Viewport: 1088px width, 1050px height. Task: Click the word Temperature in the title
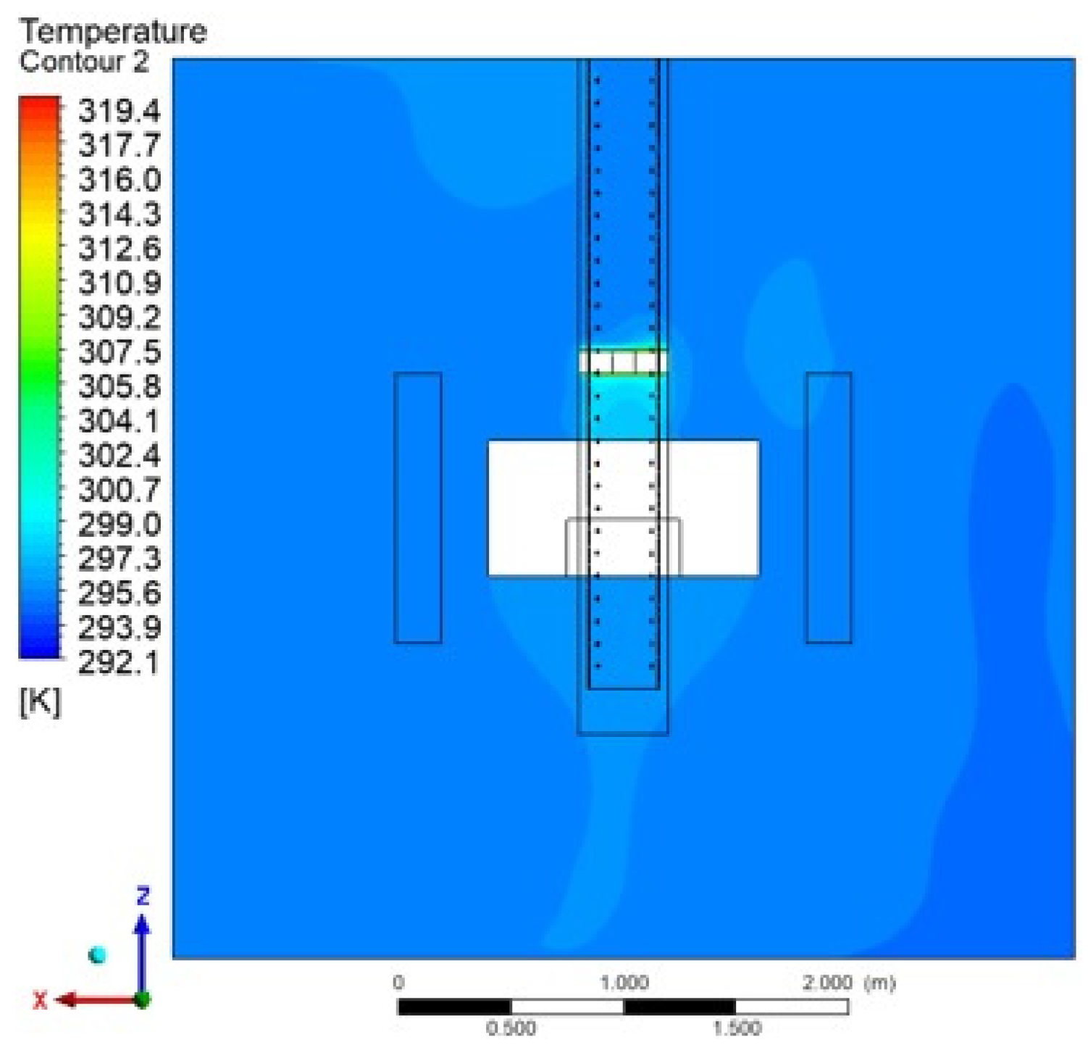tap(113, 33)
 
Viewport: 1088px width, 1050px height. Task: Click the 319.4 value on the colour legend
tap(120, 112)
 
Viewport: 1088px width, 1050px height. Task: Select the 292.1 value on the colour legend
tap(119, 662)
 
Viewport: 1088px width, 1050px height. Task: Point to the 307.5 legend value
tap(120, 352)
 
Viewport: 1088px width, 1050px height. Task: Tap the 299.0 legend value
tap(120, 525)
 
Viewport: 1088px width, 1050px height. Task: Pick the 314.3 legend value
tap(120, 214)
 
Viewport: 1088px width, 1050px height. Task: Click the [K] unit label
tap(40, 701)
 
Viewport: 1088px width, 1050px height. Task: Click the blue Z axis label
tap(143, 896)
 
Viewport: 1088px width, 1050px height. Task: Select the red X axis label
tap(40, 1001)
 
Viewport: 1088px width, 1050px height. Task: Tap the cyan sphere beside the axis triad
tap(97, 955)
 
